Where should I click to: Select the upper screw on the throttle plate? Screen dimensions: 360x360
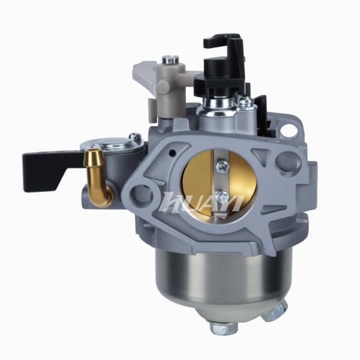(x=223, y=166)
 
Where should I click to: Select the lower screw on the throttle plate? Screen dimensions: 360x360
(x=223, y=196)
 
